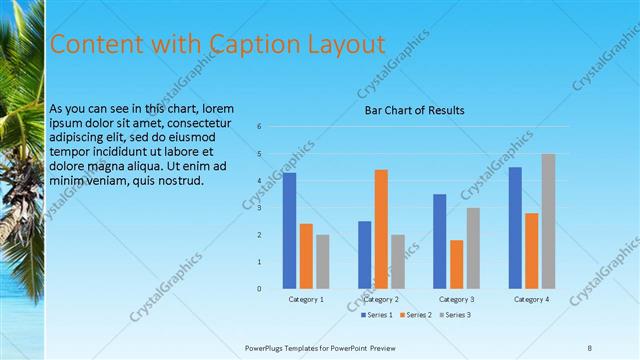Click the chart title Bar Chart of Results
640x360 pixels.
[x=414, y=110]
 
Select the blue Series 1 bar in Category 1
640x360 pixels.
[x=289, y=230]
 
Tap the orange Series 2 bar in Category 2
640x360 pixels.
[x=381, y=229]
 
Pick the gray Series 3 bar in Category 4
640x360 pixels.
[x=548, y=221]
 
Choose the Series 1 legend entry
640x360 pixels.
[x=376, y=315]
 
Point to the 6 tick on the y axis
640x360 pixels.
[x=259, y=127]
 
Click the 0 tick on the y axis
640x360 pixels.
[x=259, y=289]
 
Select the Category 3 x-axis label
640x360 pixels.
[x=456, y=299]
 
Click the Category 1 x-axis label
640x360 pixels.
[x=306, y=299]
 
